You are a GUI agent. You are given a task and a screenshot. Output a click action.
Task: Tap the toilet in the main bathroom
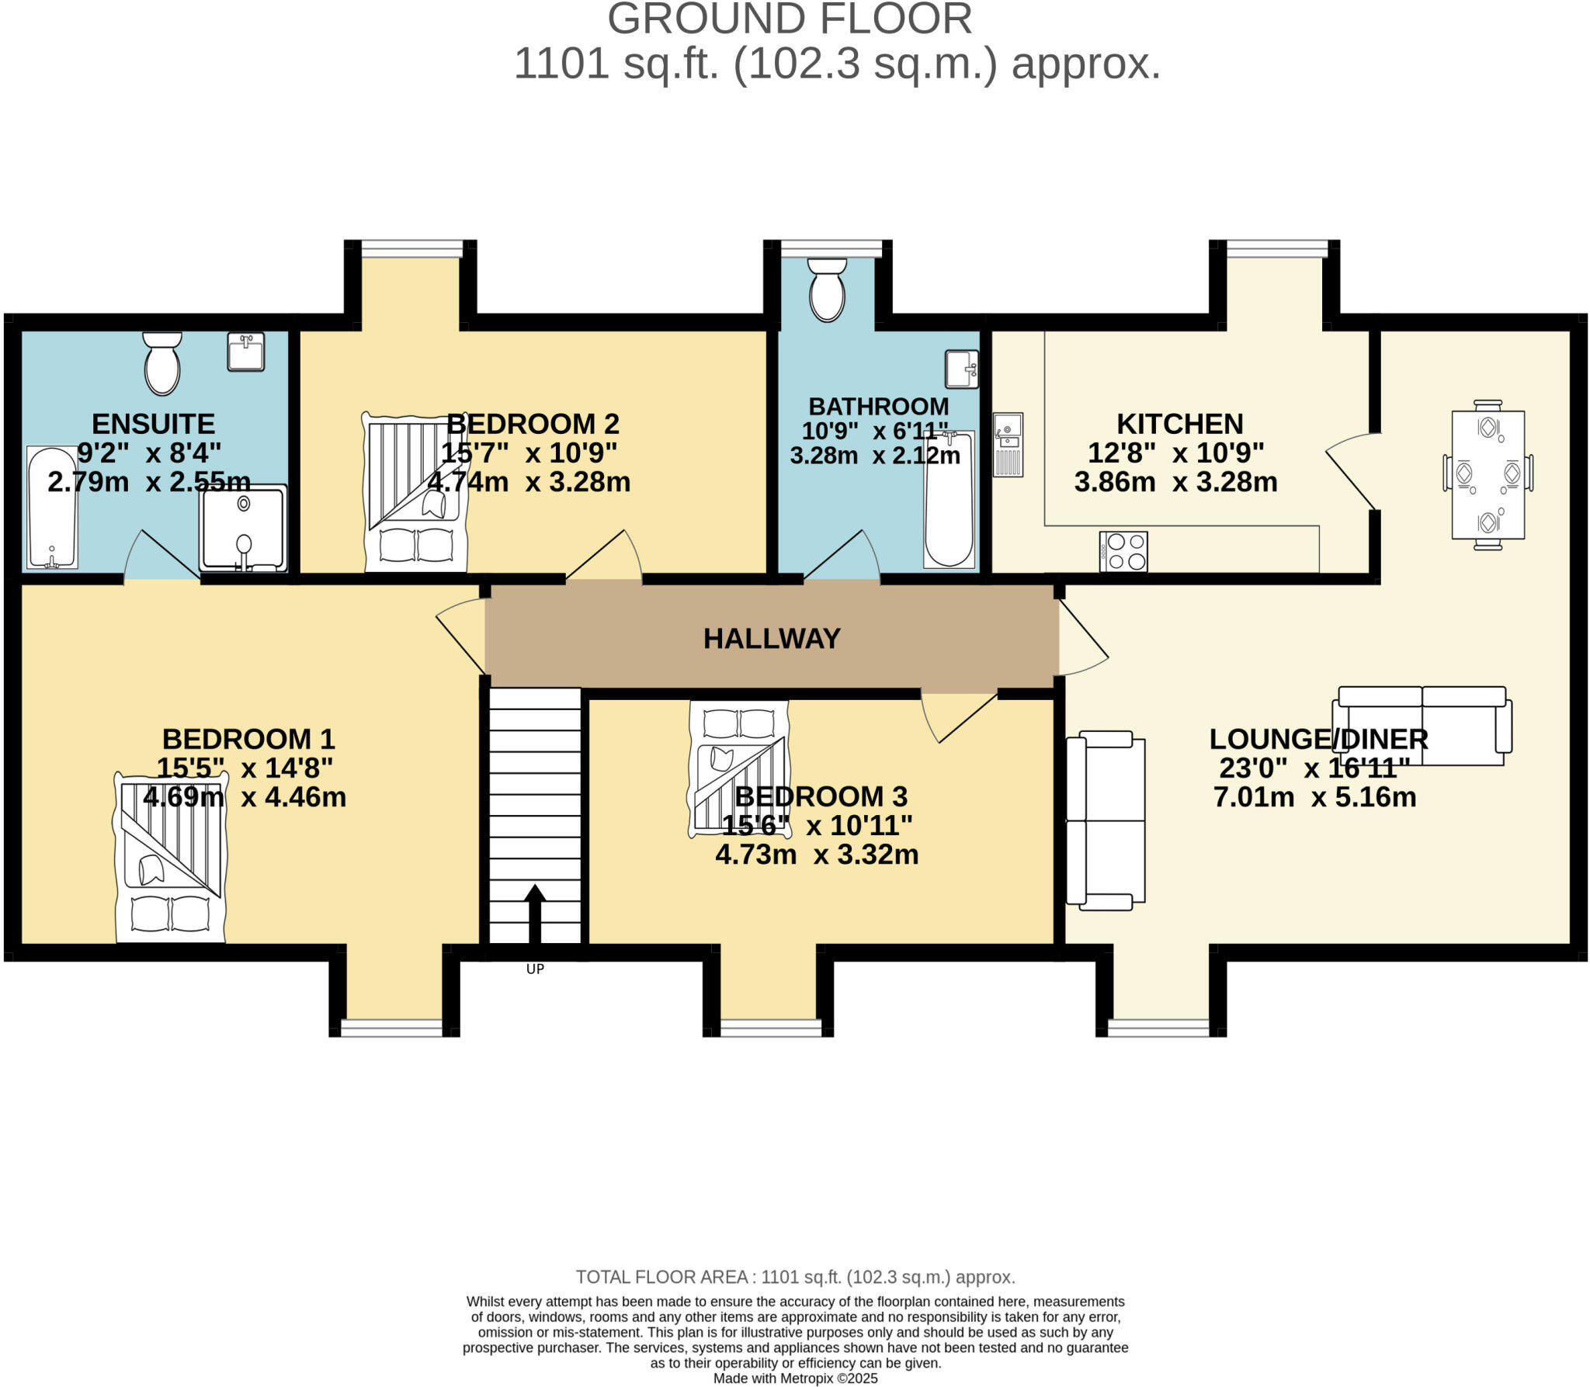(827, 290)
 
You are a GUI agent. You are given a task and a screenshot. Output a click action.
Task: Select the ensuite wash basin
(246, 352)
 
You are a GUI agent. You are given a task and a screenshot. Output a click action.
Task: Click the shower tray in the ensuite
(243, 529)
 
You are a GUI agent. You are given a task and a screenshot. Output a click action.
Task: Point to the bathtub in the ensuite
(52, 507)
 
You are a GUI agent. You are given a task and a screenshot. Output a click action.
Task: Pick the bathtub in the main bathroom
(949, 499)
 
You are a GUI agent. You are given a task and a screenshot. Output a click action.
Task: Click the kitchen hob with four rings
(1123, 552)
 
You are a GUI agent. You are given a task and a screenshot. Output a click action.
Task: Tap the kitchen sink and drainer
(1008, 444)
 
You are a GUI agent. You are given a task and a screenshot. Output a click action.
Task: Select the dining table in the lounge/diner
(1488, 474)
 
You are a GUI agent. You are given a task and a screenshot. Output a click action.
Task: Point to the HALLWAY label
(772, 638)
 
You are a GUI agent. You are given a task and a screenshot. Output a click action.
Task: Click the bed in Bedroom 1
(170, 858)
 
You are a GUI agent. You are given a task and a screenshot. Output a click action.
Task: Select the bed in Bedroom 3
(738, 768)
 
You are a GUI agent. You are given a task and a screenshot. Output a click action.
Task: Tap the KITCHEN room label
(1179, 424)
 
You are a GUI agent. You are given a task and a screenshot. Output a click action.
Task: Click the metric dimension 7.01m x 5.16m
(1314, 797)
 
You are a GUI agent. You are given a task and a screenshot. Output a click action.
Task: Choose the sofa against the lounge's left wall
(1105, 820)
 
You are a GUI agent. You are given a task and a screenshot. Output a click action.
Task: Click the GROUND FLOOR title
(789, 19)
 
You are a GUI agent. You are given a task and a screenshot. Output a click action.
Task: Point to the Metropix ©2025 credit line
(795, 1378)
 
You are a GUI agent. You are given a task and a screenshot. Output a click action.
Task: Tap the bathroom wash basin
(961, 369)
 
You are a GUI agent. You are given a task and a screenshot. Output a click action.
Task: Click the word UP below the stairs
(535, 969)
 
